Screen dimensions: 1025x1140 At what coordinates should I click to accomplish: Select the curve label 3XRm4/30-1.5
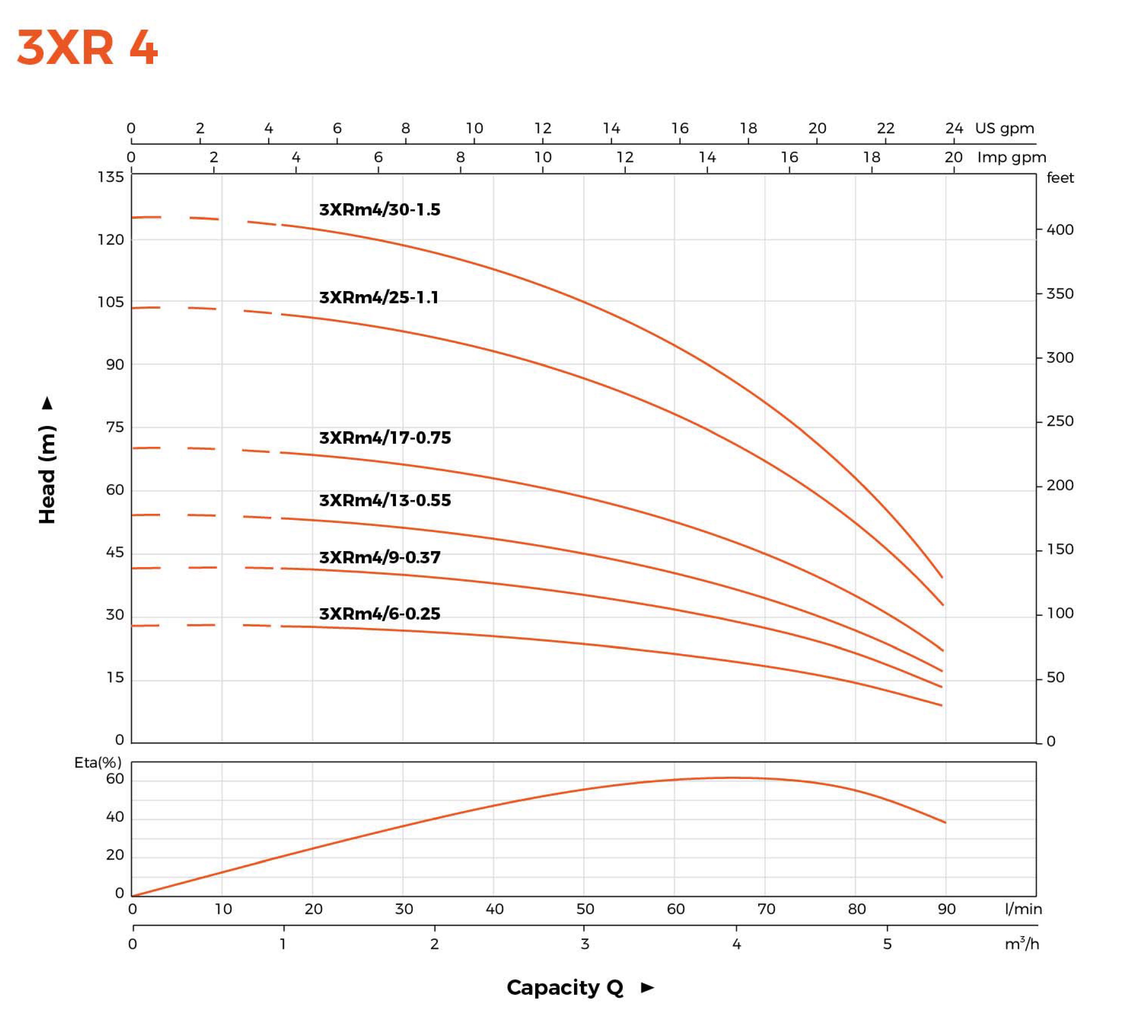[x=379, y=210]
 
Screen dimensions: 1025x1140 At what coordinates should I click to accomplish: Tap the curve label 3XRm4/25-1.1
[x=378, y=297]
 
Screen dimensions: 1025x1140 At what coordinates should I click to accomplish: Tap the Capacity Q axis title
[x=565, y=987]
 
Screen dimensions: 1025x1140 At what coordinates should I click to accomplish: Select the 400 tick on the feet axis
[x=1060, y=230]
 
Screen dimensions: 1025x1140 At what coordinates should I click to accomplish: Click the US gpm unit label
[x=1004, y=128]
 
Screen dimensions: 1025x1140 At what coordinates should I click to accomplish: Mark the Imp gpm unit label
[x=1012, y=157]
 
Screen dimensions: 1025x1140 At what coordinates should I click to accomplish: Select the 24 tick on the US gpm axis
[x=954, y=128]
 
